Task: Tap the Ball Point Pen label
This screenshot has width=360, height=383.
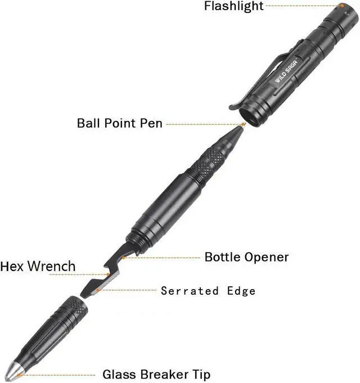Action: coord(119,123)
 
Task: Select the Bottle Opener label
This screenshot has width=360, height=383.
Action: coord(246,258)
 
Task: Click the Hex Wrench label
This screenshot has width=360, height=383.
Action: coord(38,266)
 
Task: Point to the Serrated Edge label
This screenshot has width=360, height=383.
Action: coord(208,291)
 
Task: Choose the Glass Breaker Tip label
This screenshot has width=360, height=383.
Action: coord(156,375)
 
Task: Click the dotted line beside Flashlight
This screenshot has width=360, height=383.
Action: coord(304,6)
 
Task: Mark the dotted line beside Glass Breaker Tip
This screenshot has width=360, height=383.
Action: coord(56,375)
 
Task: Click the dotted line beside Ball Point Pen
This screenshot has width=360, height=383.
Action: coord(202,124)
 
